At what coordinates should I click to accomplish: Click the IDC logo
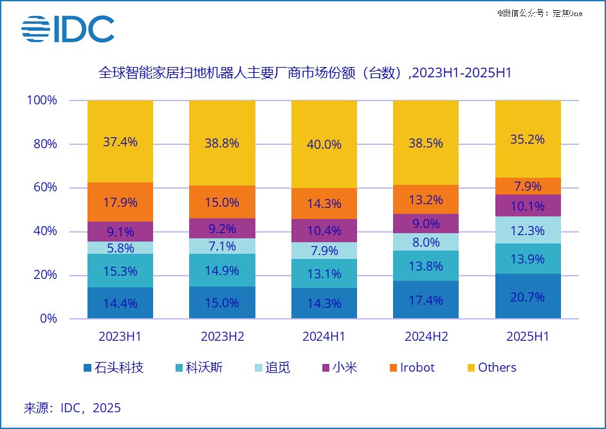click(68, 29)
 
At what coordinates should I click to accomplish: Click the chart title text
click(304, 73)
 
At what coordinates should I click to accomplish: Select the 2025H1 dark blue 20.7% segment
click(528, 297)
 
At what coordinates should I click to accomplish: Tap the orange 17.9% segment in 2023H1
click(120, 202)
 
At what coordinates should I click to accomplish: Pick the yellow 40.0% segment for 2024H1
click(324, 144)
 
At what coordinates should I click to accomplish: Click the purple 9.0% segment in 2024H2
click(426, 224)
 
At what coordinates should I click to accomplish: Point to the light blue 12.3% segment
click(528, 230)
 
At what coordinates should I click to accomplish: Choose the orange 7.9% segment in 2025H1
click(528, 186)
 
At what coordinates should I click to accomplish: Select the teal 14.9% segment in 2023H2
click(222, 271)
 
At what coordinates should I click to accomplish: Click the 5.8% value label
click(120, 247)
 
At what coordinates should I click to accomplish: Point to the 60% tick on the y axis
click(44, 187)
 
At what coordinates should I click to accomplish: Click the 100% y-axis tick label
click(42, 100)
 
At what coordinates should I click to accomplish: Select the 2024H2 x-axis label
click(426, 336)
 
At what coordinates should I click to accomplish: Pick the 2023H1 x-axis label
click(120, 336)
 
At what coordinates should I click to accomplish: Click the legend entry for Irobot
click(411, 368)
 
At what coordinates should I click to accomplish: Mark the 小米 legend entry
click(339, 368)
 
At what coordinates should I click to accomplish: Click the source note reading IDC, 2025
click(73, 408)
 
